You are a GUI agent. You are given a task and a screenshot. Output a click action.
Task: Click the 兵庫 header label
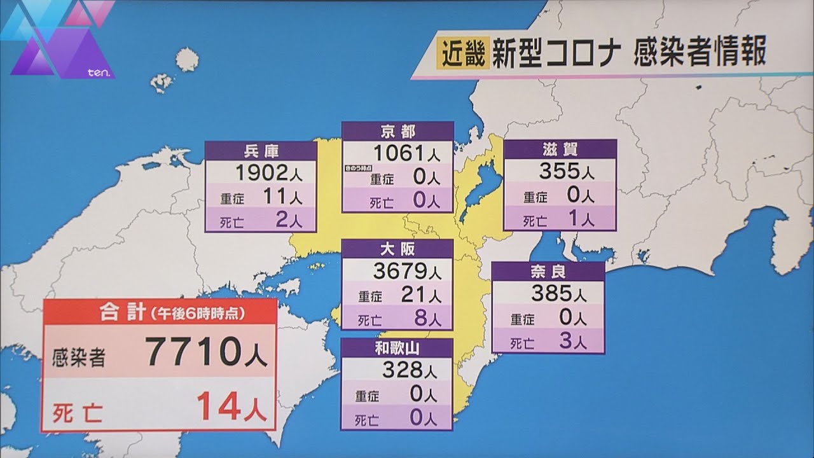(261, 151)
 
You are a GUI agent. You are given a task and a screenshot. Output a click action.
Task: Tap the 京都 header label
(397, 131)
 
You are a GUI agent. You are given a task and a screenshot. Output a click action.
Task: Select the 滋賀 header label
(560, 149)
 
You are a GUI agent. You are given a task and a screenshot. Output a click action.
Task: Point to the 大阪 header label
(397, 249)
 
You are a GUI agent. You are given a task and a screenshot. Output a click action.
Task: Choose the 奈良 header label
(548, 271)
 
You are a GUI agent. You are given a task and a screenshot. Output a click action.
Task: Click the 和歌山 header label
(397, 347)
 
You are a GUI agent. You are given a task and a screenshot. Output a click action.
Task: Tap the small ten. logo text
(99, 74)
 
